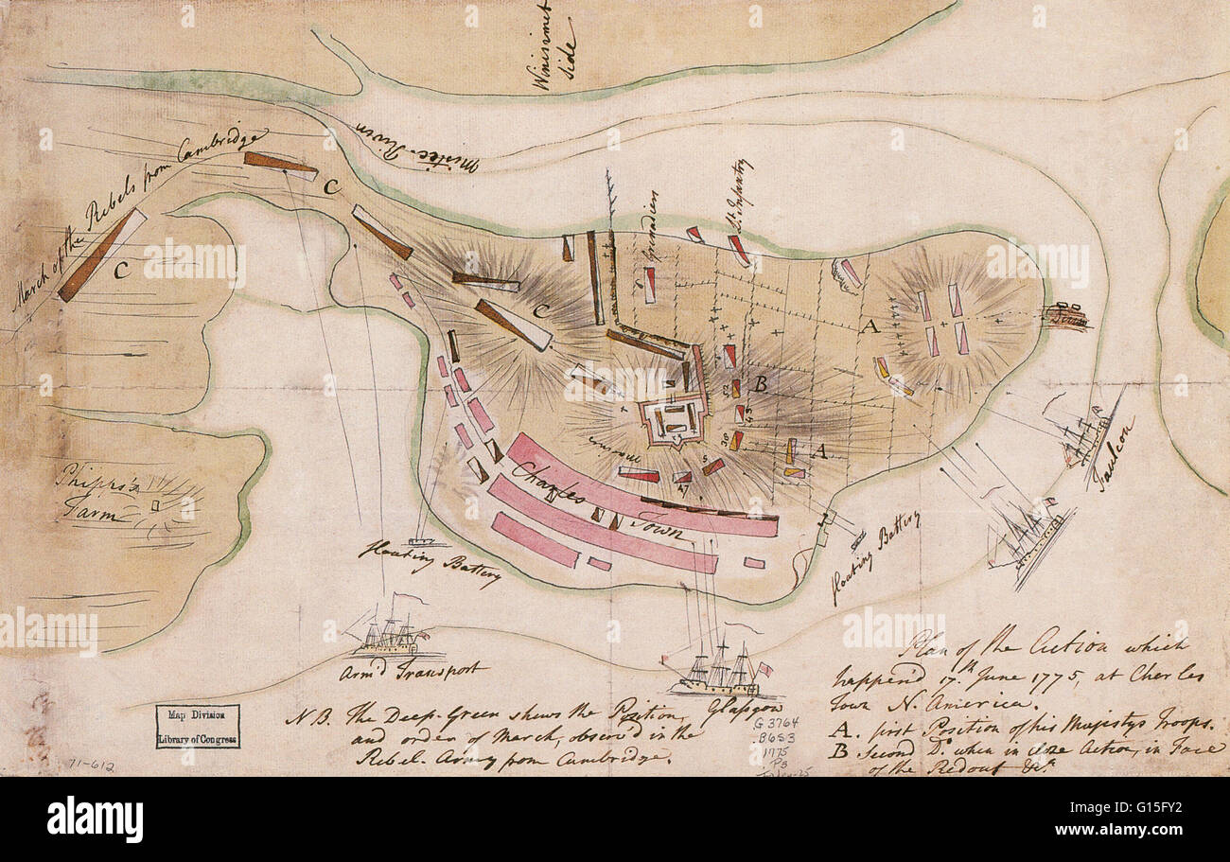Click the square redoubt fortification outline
[x=674, y=419]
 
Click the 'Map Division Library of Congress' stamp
[x=198, y=726]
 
